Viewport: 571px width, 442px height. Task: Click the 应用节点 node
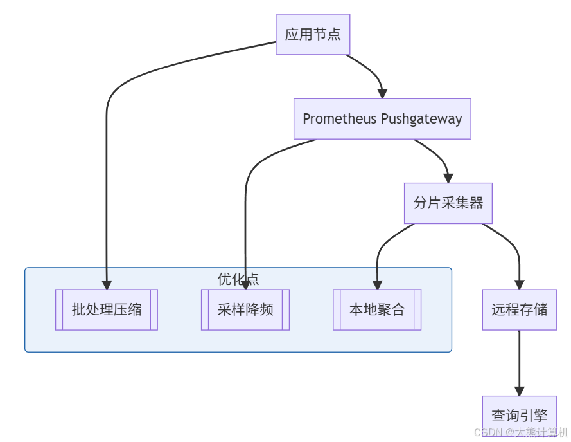(x=313, y=35)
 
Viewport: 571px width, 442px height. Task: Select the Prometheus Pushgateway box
(x=382, y=119)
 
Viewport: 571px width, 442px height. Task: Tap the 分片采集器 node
(x=448, y=203)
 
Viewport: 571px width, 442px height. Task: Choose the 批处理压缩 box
(x=107, y=309)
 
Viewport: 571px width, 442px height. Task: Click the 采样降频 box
(x=245, y=309)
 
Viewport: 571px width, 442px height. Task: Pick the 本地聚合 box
(x=377, y=309)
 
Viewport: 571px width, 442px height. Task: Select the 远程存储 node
(x=519, y=309)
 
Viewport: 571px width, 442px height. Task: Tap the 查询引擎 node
(x=519, y=416)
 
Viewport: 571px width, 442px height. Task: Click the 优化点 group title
(x=238, y=279)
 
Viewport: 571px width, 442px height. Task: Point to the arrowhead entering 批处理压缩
(x=107, y=284)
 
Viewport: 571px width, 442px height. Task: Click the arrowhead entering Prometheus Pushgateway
(x=382, y=93)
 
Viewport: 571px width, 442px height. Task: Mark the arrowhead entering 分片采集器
(x=448, y=178)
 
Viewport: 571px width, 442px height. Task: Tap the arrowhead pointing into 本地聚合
(x=377, y=284)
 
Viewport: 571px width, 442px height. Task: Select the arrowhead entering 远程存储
(x=519, y=284)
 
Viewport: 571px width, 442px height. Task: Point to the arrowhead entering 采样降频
(x=245, y=284)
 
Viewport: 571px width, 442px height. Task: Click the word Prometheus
(x=339, y=119)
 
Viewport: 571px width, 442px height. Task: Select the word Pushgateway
(x=421, y=119)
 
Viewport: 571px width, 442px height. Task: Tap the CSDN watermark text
(x=521, y=432)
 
